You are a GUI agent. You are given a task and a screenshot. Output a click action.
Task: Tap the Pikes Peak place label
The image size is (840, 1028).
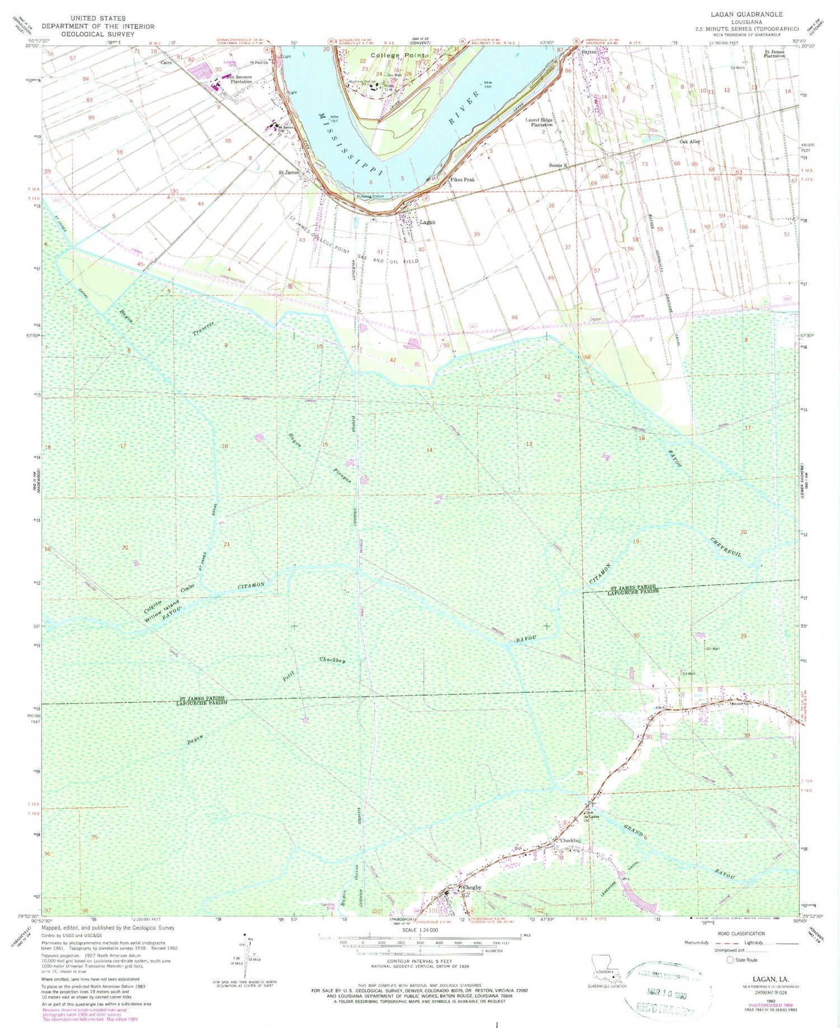click(x=463, y=180)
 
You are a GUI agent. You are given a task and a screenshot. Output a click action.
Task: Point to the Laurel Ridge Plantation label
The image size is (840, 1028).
click(x=539, y=122)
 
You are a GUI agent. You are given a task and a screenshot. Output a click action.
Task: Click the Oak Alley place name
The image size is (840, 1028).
click(x=689, y=142)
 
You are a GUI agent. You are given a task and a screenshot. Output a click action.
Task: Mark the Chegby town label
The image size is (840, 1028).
click(x=470, y=887)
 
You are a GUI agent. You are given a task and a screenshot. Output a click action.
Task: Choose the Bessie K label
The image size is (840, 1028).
click(x=558, y=165)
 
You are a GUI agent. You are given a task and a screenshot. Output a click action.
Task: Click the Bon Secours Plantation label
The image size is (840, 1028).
click(x=239, y=79)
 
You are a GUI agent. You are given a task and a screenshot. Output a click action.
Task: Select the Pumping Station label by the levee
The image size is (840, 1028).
click(x=370, y=196)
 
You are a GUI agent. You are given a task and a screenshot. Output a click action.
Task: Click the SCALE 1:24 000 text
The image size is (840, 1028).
click(x=420, y=930)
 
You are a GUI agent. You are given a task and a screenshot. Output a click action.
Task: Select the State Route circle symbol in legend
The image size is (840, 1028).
click(x=730, y=960)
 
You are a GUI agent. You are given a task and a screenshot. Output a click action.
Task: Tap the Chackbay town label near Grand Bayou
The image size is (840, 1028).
click(x=570, y=841)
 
